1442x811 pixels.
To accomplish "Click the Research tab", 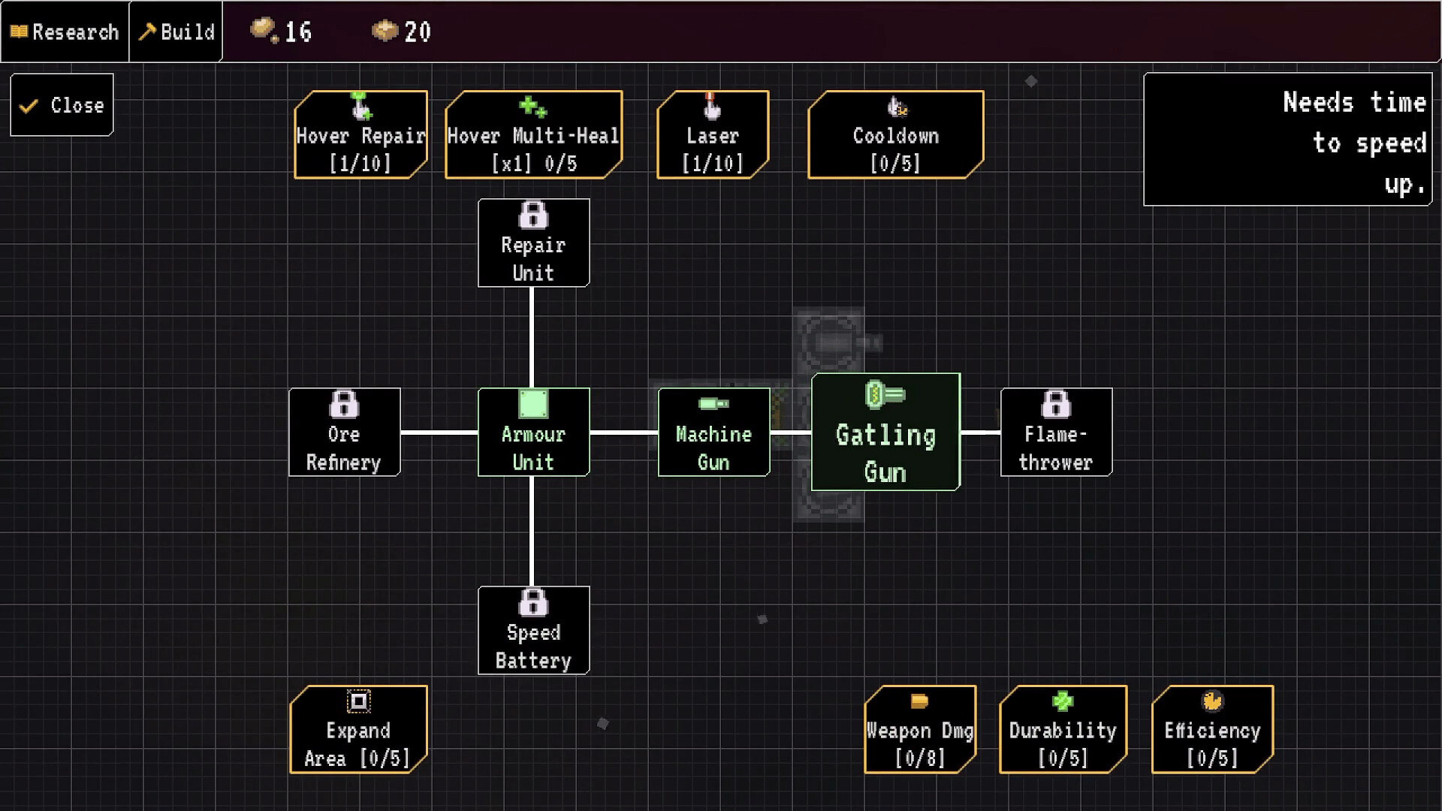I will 65,32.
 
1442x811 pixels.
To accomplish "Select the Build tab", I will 176,32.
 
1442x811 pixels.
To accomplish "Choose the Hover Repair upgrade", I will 360,135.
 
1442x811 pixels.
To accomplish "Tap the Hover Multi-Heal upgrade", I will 533,135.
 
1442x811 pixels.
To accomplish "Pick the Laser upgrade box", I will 713,135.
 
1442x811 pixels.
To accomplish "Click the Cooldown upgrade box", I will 895,135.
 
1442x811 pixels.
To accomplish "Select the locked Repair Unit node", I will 533,243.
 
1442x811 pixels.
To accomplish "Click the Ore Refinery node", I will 344,433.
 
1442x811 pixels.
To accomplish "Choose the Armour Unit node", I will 533,433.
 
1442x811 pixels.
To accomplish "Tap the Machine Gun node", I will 713,433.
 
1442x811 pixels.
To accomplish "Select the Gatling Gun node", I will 885,433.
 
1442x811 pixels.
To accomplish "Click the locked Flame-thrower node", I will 1056,433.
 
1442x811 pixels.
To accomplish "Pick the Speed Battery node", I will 533,631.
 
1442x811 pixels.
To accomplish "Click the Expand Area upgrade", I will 358,729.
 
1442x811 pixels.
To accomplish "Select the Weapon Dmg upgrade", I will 920,729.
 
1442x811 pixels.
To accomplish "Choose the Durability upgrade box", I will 1063,729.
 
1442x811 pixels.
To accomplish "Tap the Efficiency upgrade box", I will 1212,729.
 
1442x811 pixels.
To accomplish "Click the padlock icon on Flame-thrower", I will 1056,405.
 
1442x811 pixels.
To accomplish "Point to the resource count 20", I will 417,32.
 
